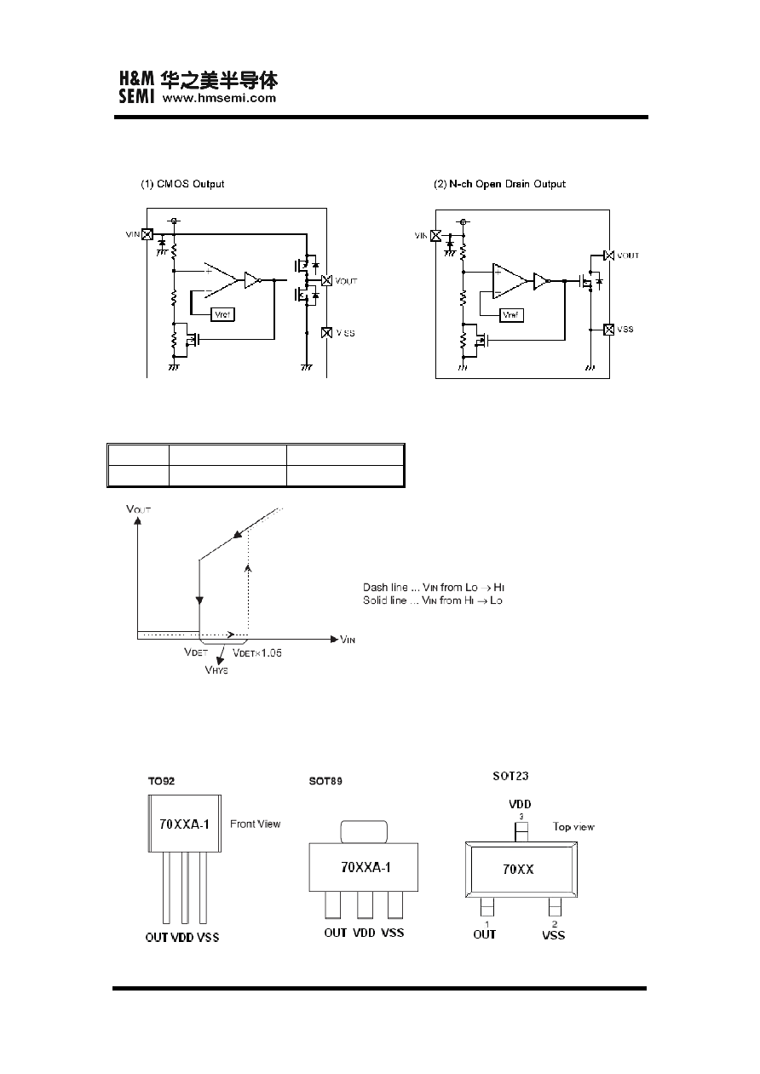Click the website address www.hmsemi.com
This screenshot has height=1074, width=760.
pos(219,98)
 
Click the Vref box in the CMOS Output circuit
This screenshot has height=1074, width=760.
pos(222,315)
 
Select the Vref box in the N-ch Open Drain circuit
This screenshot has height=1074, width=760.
pos(511,315)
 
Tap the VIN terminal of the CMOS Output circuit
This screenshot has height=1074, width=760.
pos(147,234)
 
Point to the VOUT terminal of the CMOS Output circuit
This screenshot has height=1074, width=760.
pos(326,280)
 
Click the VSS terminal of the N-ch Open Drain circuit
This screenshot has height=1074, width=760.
pos(608,330)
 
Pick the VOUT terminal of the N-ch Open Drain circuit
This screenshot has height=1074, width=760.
pos(609,256)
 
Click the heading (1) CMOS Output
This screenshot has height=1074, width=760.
pos(182,184)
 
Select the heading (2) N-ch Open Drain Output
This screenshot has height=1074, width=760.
pos(499,184)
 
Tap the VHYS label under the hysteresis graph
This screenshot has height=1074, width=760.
pos(216,669)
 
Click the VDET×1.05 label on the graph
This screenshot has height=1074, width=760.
pos(257,652)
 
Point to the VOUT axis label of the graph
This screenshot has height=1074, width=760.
pos(139,509)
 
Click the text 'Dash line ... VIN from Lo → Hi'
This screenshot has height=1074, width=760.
pos(434,588)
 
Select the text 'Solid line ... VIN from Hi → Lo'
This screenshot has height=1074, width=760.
pos(433,600)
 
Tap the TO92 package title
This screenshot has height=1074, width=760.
pos(162,781)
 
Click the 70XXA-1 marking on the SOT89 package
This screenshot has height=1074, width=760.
pos(366,867)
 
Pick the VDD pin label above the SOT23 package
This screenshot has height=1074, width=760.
pos(520,804)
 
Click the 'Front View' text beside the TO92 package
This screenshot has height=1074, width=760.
pos(255,824)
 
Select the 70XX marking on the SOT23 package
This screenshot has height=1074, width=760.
pos(518,870)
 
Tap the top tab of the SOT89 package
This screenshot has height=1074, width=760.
pos(364,832)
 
